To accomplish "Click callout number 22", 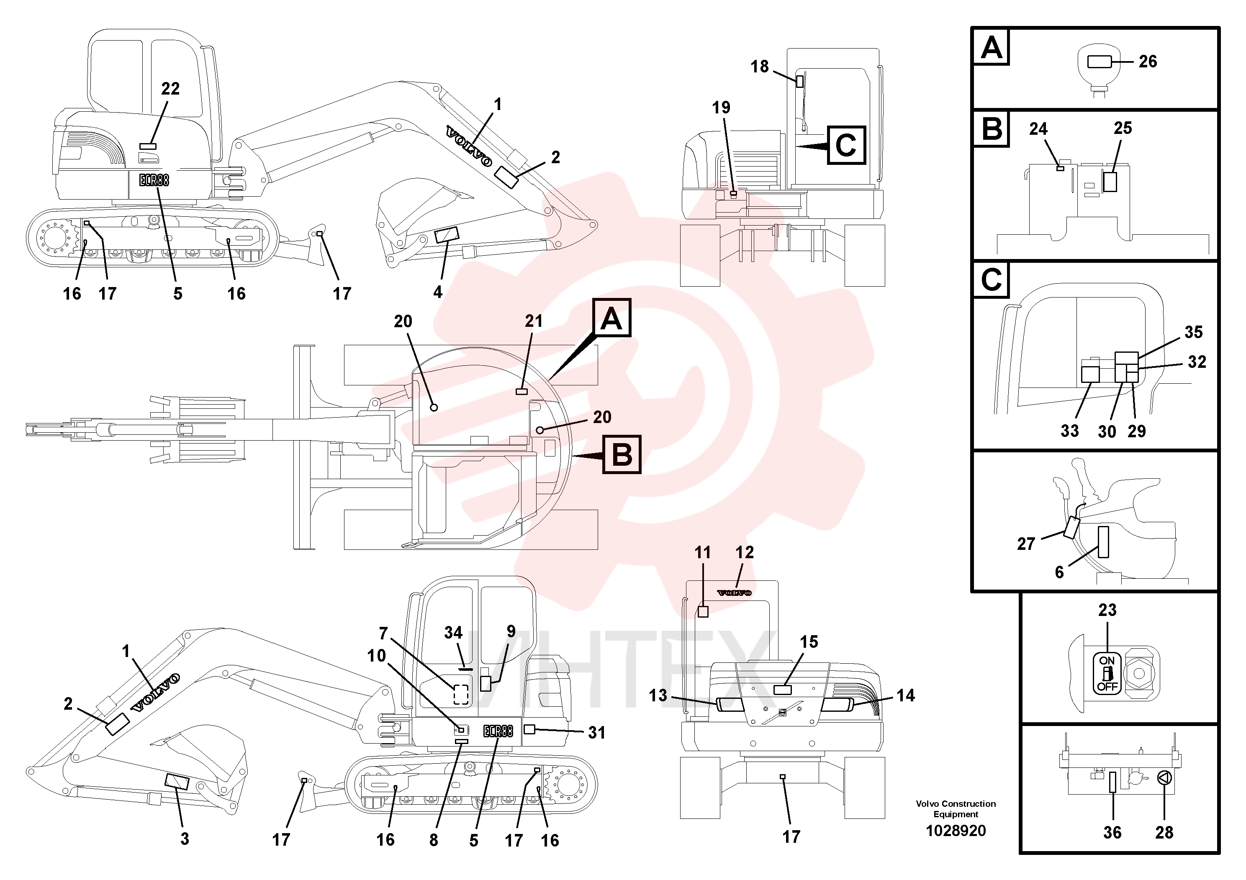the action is [x=170, y=88].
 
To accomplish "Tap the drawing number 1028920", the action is [x=956, y=831].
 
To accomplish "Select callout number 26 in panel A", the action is [x=1148, y=62].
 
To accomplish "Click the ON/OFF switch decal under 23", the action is [x=1107, y=673].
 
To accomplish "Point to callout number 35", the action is [x=1193, y=332].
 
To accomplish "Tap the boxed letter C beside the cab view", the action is [x=846, y=145].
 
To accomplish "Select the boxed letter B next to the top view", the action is [x=622, y=454].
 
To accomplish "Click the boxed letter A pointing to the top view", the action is [x=611, y=317].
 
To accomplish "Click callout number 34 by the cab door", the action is [x=453, y=633].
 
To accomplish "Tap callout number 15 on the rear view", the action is [x=809, y=642].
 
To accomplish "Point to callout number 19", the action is [x=721, y=108].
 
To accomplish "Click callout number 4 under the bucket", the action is [x=438, y=292].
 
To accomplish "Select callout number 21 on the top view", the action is [x=534, y=321].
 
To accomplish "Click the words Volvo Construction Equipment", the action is [x=956, y=809].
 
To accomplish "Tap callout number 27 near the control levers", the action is [x=1026, y=544].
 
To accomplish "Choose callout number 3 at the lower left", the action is [x=185, y=839].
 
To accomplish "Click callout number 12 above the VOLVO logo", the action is [x=745, y=552].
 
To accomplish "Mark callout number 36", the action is [x=1112, y=832].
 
